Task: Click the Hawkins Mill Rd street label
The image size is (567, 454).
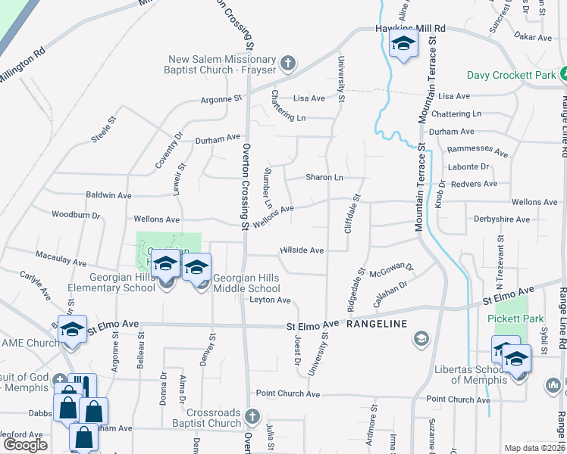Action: tap(410, 28)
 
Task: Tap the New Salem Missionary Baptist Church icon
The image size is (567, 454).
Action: tap(287, 61)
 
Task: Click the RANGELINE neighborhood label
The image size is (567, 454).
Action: tap(377, 324)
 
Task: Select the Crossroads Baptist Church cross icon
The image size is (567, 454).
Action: tap(253, 417)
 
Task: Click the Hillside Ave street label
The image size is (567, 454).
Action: tap(302, 250)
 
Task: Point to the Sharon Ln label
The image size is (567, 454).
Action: tap(324, 177)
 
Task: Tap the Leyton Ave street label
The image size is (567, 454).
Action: tap(271, 300)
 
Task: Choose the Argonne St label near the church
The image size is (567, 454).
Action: tap(221, 99)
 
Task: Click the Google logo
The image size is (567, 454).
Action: tap(26, 445)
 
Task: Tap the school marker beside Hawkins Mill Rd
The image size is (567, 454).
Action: tap(403, 44)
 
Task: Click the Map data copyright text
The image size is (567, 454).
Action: tap(535, 448)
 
